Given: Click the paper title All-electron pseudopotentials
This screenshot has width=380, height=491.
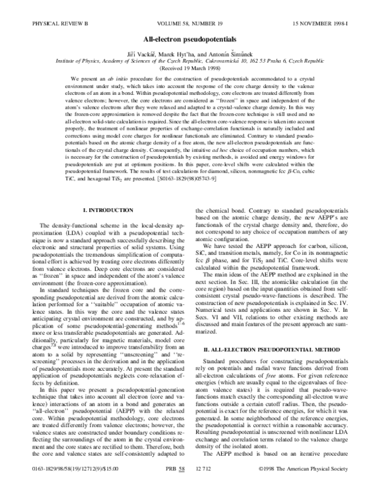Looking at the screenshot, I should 189,21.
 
